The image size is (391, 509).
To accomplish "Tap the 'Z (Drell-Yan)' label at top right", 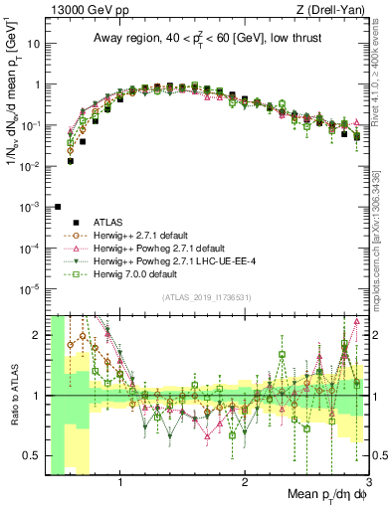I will coord(332,9).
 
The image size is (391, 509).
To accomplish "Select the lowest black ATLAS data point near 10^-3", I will coord(58,207).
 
